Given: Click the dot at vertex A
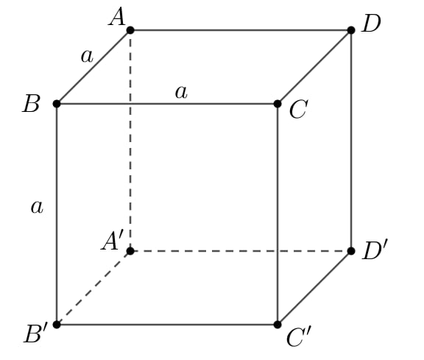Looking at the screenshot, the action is click(x=130, y=30).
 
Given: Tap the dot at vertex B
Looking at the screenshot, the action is click(x=57, y=104).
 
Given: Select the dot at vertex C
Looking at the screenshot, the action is click(x=278, y=104).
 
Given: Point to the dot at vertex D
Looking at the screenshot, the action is click(x=351, y=30).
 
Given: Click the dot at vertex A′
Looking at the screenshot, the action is click(x=130, y=251).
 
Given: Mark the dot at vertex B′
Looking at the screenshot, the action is click(x=57, y=325).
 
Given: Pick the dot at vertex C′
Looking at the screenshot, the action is click(x=278, y=325).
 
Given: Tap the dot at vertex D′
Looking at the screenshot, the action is click(x=351, y=251).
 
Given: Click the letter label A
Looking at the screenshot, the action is click(x=117, y=17).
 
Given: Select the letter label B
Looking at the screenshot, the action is click(x=32, y=104).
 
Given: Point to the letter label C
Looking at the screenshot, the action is click(x=299, y=109).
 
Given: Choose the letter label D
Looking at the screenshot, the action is click(x=372, y=24).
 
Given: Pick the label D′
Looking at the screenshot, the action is click(x=375, y=250).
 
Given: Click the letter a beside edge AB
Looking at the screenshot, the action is click(x=87, y=57).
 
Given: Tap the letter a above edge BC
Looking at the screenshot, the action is click(x=181, y=92).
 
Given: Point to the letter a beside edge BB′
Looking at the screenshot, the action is click(x=37, y=208).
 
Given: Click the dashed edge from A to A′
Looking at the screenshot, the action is click(x=130, y=141).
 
